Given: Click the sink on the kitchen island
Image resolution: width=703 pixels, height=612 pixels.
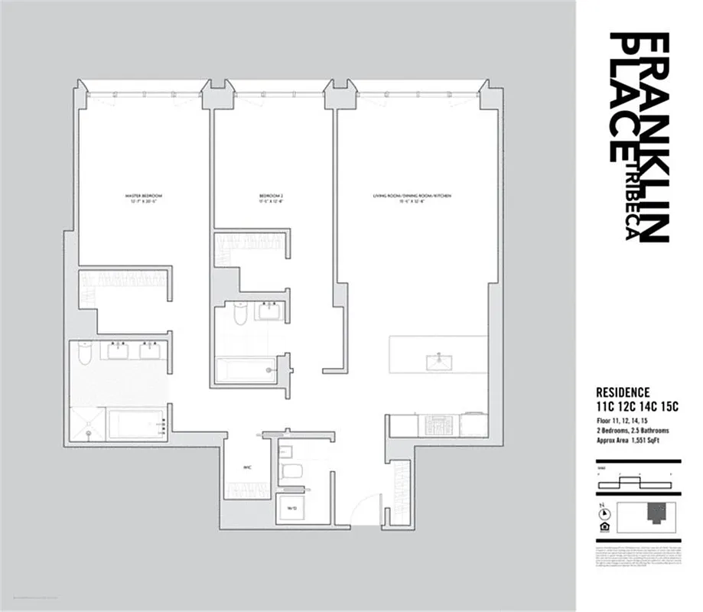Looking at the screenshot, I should (x=438, y=359).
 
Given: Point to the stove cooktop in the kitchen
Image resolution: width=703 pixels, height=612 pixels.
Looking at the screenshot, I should (x=439, y=424).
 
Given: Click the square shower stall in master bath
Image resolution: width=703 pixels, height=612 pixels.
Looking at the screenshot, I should (x=88, y=425).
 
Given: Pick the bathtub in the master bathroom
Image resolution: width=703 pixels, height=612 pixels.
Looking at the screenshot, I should (x=136, y=425).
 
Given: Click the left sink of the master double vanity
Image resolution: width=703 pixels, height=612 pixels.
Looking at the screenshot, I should (x=118, y=350).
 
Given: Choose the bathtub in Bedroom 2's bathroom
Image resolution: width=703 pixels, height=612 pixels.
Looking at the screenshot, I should (x=245, y=370).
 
